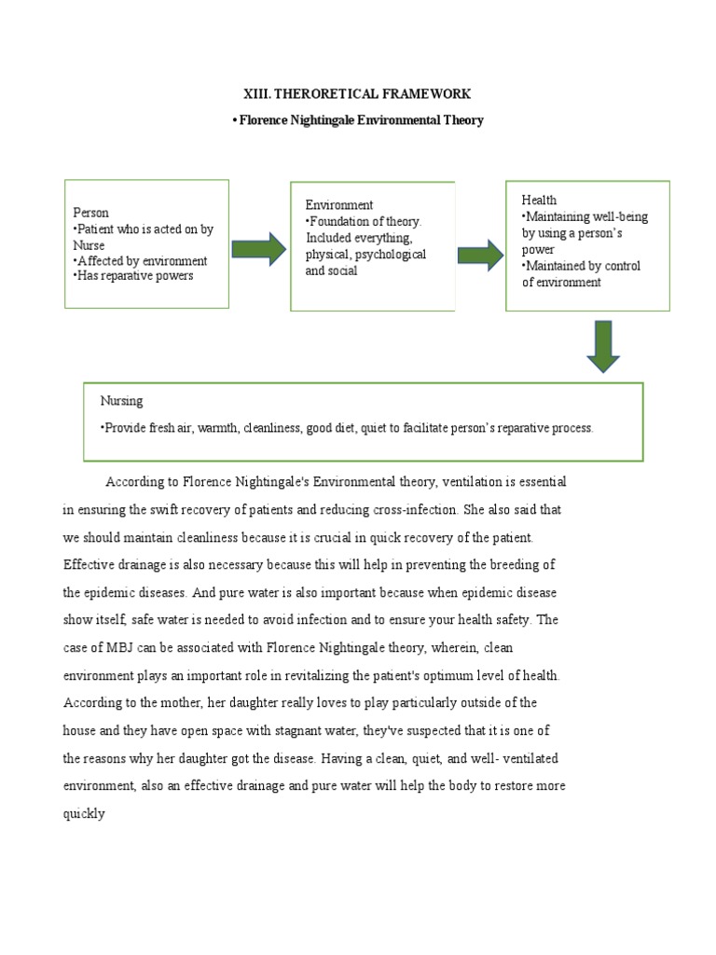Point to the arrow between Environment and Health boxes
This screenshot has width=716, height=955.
[480, 254]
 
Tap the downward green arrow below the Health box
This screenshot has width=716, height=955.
[602, 347]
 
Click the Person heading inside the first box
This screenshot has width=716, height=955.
[90, 213]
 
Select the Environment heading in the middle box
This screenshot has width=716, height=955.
[339, 204]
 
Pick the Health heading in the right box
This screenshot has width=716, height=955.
[539, 200]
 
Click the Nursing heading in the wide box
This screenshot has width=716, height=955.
[121, 400]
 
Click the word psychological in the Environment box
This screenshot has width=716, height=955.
[388, 255]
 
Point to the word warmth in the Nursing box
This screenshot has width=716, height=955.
[216, 428]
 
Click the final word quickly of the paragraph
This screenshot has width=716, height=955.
[84, 813]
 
